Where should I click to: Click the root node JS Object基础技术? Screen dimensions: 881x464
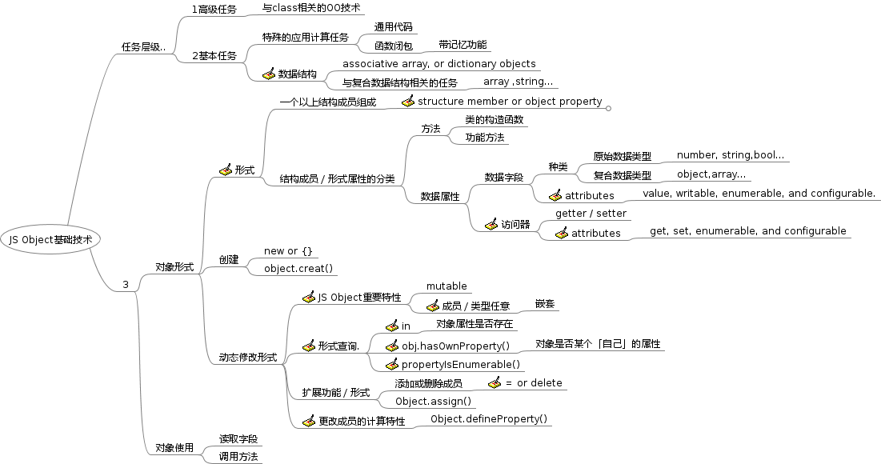coord(56,238)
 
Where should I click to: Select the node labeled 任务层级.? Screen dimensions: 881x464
coord(143,47)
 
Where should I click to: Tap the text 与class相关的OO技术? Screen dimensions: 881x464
coord(312,8)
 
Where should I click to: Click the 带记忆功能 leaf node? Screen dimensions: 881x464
coord(462,45)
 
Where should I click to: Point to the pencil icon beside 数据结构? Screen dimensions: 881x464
coord(268,74)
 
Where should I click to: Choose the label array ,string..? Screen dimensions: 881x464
coord(518,82)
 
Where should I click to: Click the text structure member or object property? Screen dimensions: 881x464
coord(510,101)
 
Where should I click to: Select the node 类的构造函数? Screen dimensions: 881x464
coord(494,119)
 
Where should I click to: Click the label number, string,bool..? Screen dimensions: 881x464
coord(730,154)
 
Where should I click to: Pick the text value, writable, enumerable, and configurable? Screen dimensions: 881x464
coord(759,194)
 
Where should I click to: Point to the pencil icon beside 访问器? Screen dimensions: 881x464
coord(491,225)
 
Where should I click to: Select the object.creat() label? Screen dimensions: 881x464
coord(298,268)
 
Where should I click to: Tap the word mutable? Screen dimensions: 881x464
coord(447,286)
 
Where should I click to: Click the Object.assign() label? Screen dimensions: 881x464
coord(433,401)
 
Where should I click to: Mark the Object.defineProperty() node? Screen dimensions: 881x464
coord(489,418)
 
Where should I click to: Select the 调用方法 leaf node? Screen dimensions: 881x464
coord(238,456)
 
